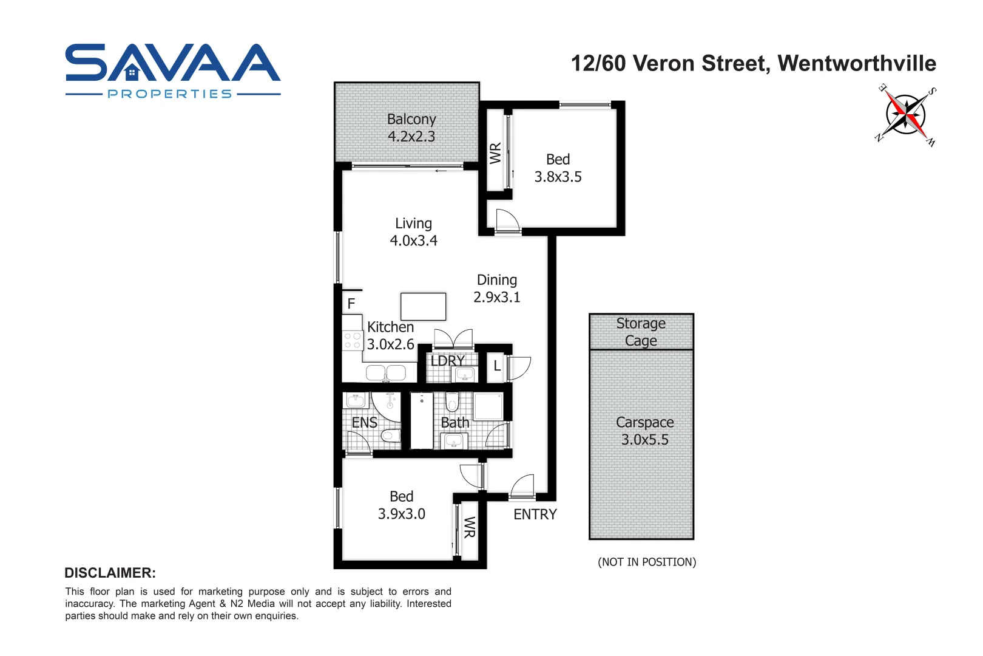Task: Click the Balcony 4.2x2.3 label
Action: [411, 128]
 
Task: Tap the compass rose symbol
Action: [905, 115]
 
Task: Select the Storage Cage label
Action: [641, 332]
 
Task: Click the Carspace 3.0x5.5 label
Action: [644, 431]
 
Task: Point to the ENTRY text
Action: [535, 514]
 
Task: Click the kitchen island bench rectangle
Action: [423, 307]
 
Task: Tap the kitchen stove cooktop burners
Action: [352, 340]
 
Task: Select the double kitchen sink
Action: [386, 372]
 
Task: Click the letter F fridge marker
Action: [351, 304]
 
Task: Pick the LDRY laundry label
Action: [447, 361]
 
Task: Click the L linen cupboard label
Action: [497, 366]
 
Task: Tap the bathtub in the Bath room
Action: [422, 420]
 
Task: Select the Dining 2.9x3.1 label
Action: [496, 289]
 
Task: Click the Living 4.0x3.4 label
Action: [413, 232]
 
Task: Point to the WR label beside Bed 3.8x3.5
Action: [495, 153]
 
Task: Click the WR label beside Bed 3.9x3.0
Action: [469, 527]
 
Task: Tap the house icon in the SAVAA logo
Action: [132, 73]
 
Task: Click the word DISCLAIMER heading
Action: [110, 573]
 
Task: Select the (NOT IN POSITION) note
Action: [647, 562]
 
